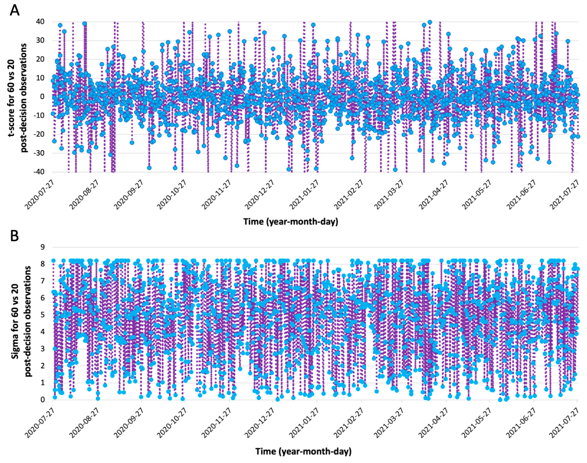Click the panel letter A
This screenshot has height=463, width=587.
[14, 11]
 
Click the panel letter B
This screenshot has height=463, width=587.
[14, 236]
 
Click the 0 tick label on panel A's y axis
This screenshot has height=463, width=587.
[42, 97]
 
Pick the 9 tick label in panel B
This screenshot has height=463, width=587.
[42, 247]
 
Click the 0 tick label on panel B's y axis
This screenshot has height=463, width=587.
[42, 400]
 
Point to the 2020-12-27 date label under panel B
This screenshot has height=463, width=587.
[260, 423]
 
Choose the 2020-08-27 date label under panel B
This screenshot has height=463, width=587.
[84, 423]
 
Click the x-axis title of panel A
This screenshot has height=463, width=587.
[291, 221]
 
